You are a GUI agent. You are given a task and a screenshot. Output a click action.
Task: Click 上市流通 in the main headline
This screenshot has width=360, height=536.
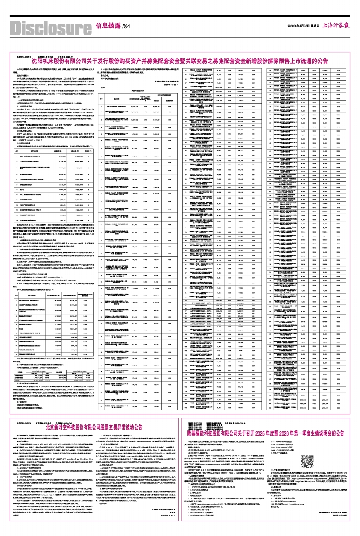(x=312, y=61)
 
